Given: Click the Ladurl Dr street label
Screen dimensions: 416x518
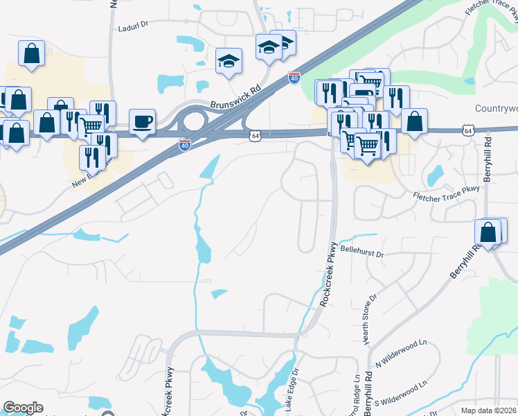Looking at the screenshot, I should click(x=134, y=28).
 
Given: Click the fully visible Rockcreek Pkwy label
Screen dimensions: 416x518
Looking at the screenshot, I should click(x=329, y=274).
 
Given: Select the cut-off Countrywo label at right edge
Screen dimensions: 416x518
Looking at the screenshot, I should click(x=497, y=109).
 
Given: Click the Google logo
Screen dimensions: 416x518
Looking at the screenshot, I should click(x=23, y=408).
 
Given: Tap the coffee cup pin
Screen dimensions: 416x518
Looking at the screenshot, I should click(x=142, y=122).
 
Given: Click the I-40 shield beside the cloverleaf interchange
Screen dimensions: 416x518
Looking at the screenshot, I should click(x=184, y=144).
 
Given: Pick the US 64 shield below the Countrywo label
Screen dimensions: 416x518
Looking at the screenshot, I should click(x=469, y=130).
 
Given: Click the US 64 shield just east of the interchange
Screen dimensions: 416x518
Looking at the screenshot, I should click(x=256, y=136).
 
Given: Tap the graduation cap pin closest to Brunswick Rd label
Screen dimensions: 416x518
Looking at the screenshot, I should click(x=228, y=61).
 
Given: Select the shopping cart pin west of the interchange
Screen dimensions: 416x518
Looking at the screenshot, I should click(x=91, y=126).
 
